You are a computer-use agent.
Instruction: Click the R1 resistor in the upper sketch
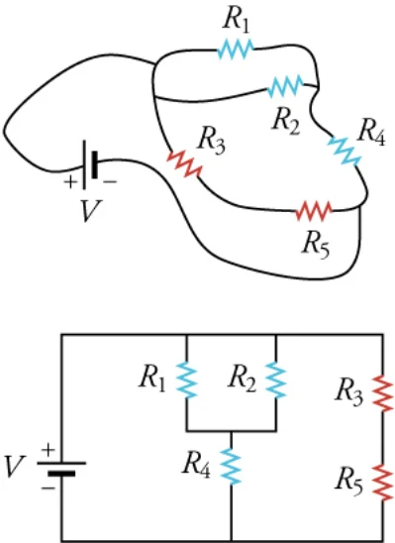[236, 49]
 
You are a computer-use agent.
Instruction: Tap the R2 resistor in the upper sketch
[286, 86]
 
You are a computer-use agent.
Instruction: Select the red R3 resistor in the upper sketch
[184, 163]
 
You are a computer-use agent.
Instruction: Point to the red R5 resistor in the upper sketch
[314, 211]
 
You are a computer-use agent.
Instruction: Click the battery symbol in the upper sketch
[89, 164]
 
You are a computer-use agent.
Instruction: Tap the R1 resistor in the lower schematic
[187, 380]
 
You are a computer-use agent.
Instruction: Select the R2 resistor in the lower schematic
[276, 380]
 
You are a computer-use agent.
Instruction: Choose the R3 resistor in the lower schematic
[383, 392]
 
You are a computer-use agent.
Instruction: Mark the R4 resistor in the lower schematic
[231, 466]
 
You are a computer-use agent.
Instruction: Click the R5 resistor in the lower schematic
[383, 482]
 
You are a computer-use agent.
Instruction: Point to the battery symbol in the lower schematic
[61, 468]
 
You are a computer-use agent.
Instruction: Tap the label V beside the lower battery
[14, 466]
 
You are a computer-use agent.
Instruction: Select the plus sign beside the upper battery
[70, 182]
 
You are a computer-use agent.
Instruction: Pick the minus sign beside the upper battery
[110, 181]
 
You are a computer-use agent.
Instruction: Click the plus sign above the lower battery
[49, 450]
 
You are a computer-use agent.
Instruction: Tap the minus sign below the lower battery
[49, 488]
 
